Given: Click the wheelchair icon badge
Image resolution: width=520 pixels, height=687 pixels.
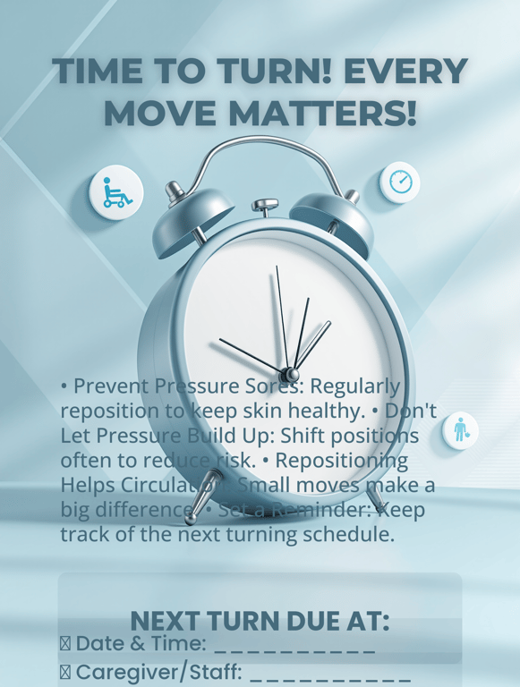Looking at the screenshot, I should tap(116, 191).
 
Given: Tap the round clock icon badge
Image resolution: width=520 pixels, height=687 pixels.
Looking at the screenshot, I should tap(399, 182).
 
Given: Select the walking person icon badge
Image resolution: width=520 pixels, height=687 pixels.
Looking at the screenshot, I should tap(460, 430).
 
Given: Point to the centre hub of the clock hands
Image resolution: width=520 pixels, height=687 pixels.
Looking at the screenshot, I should tap(290, 373).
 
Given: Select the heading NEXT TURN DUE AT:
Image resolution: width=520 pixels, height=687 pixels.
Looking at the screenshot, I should tap(260, 621).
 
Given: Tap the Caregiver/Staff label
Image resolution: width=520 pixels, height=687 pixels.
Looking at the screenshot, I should tap(158, 672).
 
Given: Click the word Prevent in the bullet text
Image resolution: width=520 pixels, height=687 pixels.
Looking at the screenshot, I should tap(112, 386).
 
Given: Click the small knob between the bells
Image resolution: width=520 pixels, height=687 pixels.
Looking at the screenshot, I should tap(265, 207).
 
